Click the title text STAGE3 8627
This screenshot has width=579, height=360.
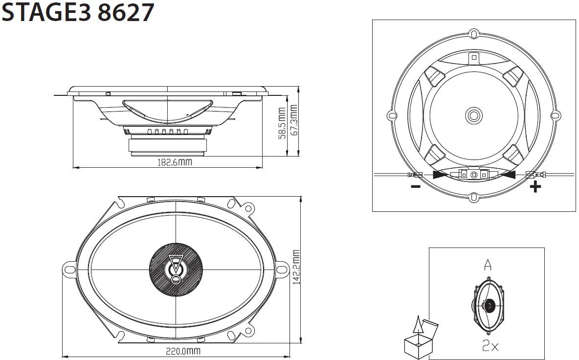pyautogui.click(x=78, y=12)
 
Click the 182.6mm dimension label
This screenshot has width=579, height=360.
pyautogui.click(x=175, y=162)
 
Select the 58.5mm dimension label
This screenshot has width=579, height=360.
pyautogui.click(x=282, y=123)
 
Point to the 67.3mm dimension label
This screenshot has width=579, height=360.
pyautogui.click(x=293, y=120)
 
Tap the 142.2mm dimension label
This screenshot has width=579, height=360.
pyautogui.click(x=296, y=268)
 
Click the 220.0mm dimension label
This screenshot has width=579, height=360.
pyautogui.click(x=183, y=350)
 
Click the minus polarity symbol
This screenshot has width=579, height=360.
pyautogui.click(x=416, y=186)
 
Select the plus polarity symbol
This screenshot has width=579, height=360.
pyautogui.click(x=535, y=187)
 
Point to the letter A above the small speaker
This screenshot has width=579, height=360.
pyautogui.click(x=488, y=265)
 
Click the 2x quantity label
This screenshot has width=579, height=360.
pyautogui.click(x=490, y=345)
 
